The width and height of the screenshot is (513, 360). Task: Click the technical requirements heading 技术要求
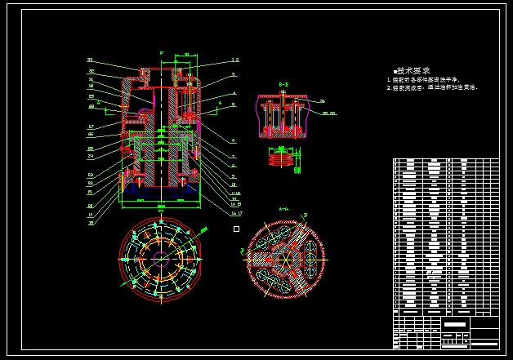pyautogui.click(x=413, y=71)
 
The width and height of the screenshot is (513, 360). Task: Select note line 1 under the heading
pyautogui.click(x=424, y=79)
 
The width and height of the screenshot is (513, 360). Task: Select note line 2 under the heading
pyautogui.click(x=431, y=87)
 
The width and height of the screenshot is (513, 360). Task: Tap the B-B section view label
pyautogui.click(x=283, y=85)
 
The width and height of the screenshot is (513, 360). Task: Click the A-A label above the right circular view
pyautogui.click(x=284, y=209)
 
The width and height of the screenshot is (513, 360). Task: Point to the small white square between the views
pyautogui.click(x=236, y=229)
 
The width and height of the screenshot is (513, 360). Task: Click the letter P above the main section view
pyautogui.click(x=162, y=53)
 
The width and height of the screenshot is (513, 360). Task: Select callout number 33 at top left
pyautogui.click(x=90, y=60)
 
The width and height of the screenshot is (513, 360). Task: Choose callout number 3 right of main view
pyautogui.click(x=233, y=74)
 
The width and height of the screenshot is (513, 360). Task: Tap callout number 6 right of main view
pyautogui.click(x=233, y=140)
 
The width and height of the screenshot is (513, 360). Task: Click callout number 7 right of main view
pyautogui.click(x=233, y=156)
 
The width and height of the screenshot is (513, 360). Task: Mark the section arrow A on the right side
pyautogui.click(x=219, y=104)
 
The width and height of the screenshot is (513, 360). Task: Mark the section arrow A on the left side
pyautogui.click(x=98, y=103)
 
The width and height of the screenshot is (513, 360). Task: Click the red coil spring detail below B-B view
pyautogui.click(x=281, y=159)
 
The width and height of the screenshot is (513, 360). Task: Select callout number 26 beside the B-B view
pyautogui.click(x=322, y=101)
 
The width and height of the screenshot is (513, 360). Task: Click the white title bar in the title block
pyautogui.click(x=456, y=324)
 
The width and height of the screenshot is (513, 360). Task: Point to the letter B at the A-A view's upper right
pyautogui.click(x=306, y=215)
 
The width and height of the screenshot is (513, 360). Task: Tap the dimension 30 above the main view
pyautogui.click(x=186, y=55)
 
